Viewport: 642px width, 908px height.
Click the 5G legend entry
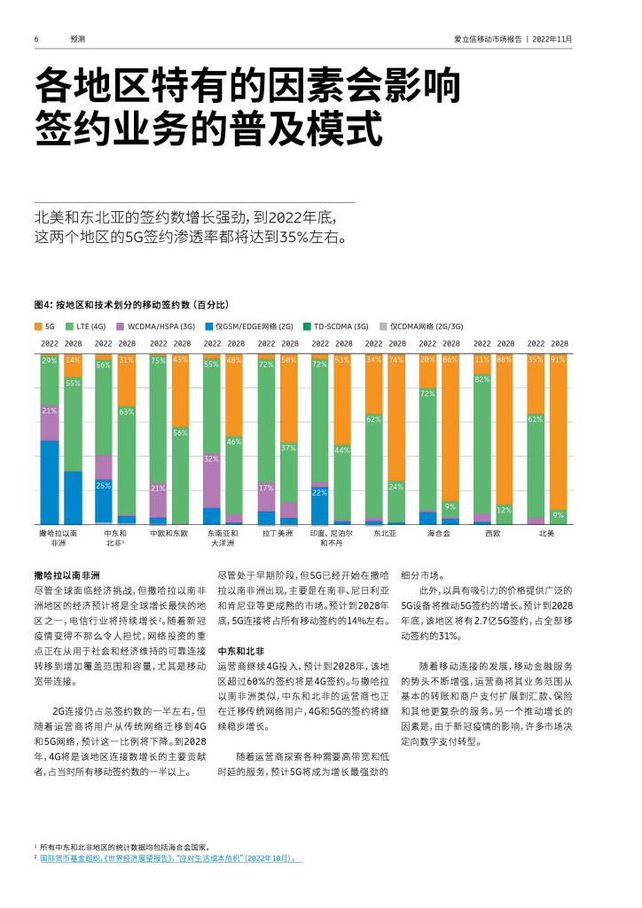(x=44, y=326)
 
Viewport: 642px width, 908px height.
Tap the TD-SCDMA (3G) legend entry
(x=335, y=326)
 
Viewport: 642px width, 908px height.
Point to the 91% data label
(x=558, y=360)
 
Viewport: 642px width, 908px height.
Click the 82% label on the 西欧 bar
(x=481, y=380)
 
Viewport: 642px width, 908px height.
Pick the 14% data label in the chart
(x=73, y=360)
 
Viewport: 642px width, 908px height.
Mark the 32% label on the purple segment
(x=211, y=458)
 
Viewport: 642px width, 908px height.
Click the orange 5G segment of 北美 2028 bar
(x=558, y=432)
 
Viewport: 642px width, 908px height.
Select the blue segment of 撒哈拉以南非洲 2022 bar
(x=49, y=482)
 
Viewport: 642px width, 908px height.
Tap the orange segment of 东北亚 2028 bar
(x=396, y=417)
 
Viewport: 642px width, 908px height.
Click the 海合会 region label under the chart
(x=439, y=533)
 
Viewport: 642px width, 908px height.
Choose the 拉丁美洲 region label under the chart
(x=278, y=533)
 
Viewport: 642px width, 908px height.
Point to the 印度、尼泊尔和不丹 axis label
(x=331, y=538)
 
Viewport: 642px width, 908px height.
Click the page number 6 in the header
(x=36, y=39)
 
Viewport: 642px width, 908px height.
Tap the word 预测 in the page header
(x=77, y=39)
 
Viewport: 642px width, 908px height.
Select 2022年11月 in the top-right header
(x=552, y=39)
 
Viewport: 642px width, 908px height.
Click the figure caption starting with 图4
(x=131, y=305)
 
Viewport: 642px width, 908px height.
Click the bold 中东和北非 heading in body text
(x=241, y=651)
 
